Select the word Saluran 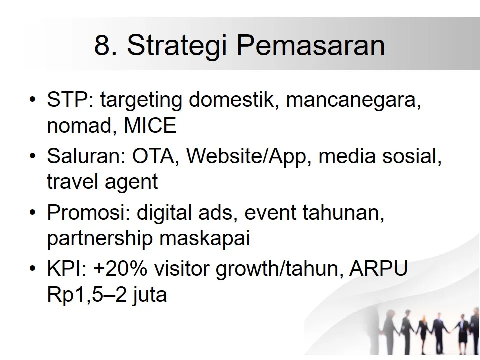86,157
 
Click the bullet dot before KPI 33,270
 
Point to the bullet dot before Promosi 33,213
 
